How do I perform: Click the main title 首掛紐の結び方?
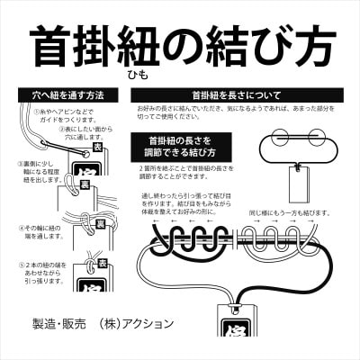click(180, 43)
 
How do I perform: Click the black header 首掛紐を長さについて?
click(236, 94)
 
